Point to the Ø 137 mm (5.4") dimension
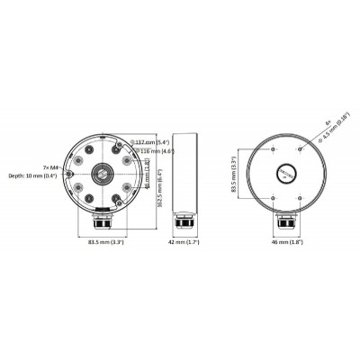click(151, 142)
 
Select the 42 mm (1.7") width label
click(185, 242)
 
